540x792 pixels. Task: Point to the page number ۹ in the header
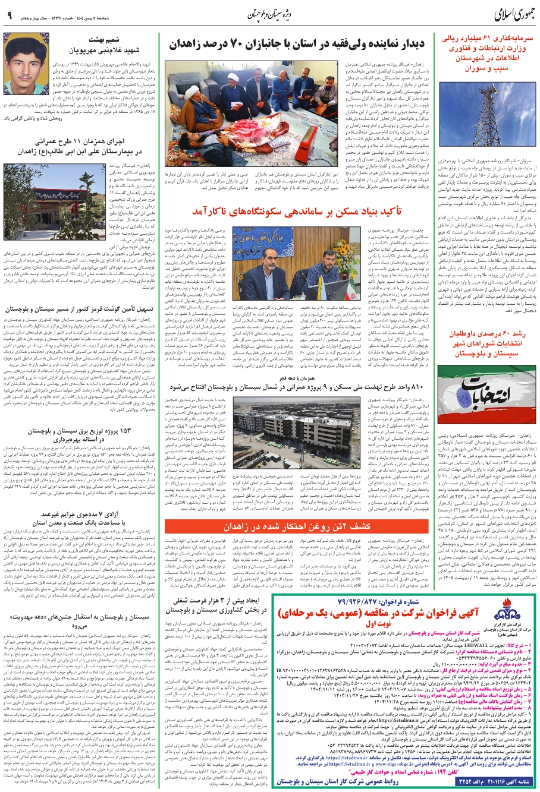(x=10, y=13)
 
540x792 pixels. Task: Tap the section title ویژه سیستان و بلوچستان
(x=272, y=13)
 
